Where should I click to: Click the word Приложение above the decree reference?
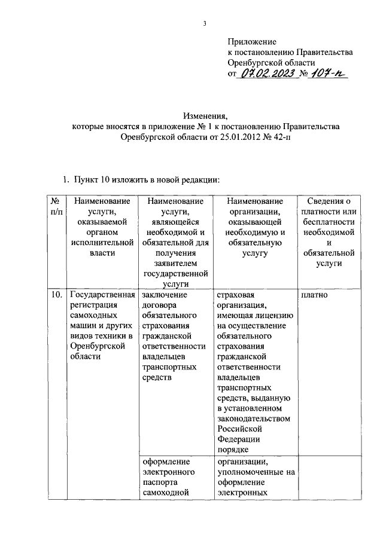[251, 42]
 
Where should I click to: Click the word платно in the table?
[315, 295]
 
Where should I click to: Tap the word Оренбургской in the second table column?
[96, 346]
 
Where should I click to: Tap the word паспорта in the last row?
[160, 482]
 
